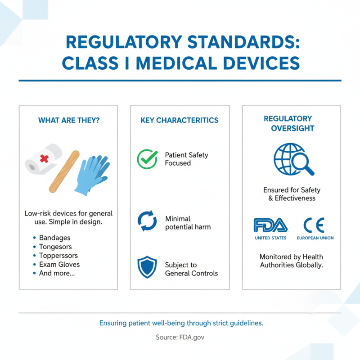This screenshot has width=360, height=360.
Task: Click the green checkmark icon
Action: point(147,159)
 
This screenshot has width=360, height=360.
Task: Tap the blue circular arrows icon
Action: point(147,221)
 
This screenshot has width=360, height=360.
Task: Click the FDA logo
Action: point(270,225)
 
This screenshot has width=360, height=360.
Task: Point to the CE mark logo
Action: point(314,225)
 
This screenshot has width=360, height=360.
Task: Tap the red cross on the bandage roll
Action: point(44,159)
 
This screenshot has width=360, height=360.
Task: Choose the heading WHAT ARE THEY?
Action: point(68,120)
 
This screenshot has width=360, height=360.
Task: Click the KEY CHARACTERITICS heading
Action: point(180,120)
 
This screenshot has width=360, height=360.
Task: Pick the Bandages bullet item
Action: point(54,238)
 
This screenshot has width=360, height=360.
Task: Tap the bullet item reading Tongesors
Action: point(55,247)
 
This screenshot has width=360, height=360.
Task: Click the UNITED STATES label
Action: point(270,238)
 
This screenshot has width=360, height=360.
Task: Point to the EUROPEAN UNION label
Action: point(315,238)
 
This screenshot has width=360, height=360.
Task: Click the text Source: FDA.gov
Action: point(180,337)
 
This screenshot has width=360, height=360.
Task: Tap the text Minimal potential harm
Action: point(188,223)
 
